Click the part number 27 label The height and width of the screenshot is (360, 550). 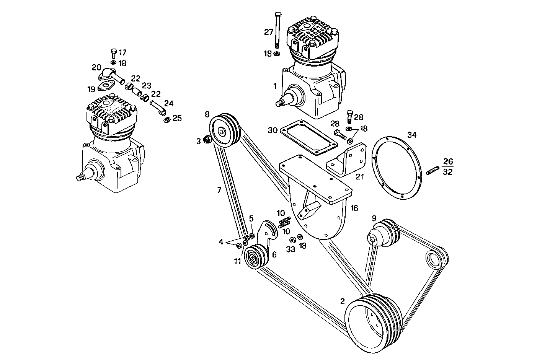click(x=269, y=32)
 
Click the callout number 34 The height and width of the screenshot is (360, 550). click(x=412, y=135)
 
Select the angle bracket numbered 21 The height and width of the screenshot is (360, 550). click(x=344, y=160)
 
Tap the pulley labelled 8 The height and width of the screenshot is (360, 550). click(x=224, y=130)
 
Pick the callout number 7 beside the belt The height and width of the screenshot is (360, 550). click(x=219, y=190)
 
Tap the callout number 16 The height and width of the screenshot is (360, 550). click(x=354, y=208)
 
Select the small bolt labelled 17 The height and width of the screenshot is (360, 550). click(x=113, y=53)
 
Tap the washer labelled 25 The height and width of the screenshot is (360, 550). click(x=167, y=120)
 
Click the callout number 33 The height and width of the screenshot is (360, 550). click(x=291, y=249)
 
